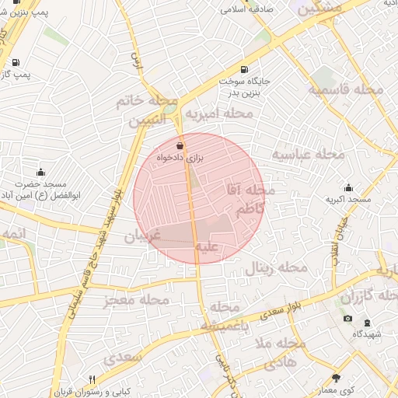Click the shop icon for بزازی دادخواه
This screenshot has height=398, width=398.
coord(180,145)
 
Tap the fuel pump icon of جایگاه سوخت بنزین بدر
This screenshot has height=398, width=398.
coord(245,69)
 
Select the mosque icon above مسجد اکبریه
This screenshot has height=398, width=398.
coord(348,187)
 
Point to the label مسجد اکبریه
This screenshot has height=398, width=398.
coord(348,200)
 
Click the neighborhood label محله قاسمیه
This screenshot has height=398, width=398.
coord(346,90)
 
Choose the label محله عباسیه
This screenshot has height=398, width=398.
coord(307,155)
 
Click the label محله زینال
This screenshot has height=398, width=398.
coord(277,269)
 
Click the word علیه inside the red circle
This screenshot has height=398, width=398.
coord(208,247)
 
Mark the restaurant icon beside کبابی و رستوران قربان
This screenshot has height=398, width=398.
coord(92,379)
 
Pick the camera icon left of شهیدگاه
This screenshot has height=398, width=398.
coord(347,319)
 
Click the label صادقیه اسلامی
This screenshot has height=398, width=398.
coord(243,10)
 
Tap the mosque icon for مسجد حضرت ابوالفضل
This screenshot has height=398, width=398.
coord(40,172)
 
